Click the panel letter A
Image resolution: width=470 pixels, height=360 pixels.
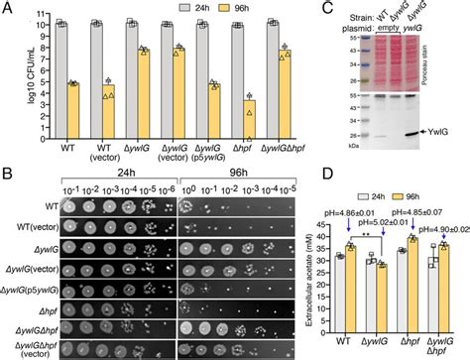7,8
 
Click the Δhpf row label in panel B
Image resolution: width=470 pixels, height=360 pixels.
46,312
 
